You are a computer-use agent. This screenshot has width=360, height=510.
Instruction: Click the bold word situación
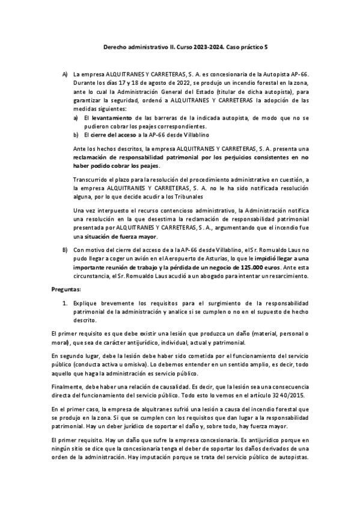point(95,236)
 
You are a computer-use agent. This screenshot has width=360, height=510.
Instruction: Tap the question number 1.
point(64,304)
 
